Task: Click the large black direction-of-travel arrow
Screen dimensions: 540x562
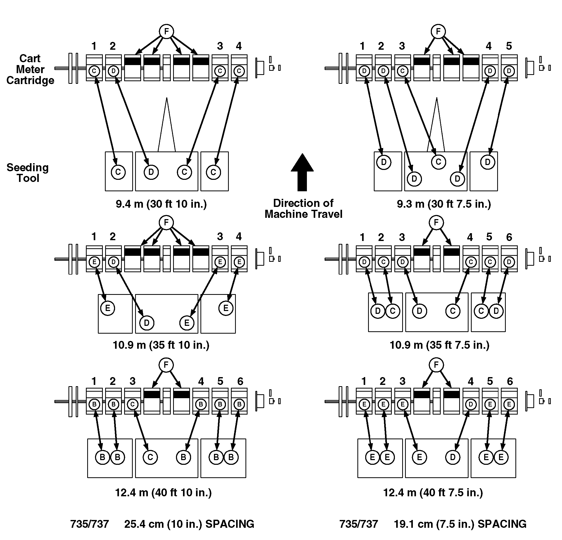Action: click(302, 173)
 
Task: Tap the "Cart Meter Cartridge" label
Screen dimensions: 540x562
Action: click(30, 70)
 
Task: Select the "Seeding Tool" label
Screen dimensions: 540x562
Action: click(28, 173)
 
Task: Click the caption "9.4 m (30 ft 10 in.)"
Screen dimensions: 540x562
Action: click(161, 204)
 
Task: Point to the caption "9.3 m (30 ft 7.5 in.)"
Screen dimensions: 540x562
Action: click(444, 204)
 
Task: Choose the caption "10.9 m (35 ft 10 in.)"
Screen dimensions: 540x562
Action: click(161, 345)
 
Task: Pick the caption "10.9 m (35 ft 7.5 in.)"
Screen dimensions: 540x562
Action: click(439, 345)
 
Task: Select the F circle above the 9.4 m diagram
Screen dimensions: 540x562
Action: click(167, 31)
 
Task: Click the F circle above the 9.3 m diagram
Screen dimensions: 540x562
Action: click(438, 31)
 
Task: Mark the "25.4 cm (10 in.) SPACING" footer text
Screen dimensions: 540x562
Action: click(189, 524)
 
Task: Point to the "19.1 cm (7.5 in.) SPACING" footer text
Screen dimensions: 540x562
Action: click(460, 524)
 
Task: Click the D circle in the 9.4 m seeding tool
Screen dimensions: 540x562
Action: click(151, 172)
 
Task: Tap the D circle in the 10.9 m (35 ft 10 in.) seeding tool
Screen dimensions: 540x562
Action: click(147, 323)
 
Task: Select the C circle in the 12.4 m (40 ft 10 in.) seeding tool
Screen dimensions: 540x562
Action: click(150, 457)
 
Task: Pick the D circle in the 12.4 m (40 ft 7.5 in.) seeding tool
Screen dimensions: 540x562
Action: click(453, 457)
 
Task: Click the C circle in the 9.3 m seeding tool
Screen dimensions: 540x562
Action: click(438, 162)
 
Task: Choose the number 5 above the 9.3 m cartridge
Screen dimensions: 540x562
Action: click(509, 46)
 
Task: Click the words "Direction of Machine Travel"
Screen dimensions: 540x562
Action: click(303, 209)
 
